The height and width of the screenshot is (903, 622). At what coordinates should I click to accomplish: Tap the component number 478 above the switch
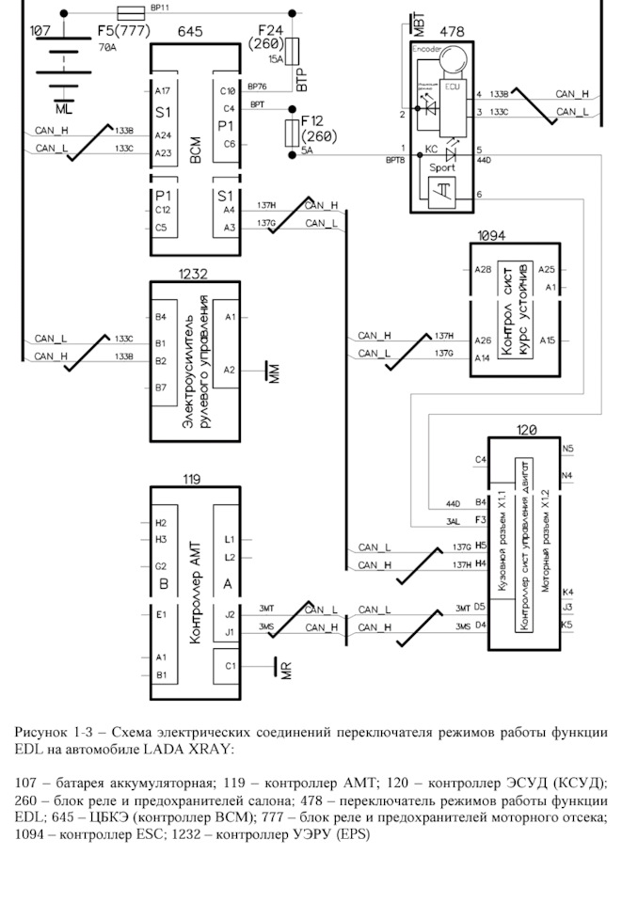point(452,32)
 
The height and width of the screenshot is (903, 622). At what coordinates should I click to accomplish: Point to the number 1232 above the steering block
point(193,274)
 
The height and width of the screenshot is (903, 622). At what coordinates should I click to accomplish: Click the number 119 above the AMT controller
point(192,479)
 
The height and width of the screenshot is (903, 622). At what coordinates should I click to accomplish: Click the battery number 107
point(40,31)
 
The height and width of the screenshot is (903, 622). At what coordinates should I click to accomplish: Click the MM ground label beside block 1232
point(274,372)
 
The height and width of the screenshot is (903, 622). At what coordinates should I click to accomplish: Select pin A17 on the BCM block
point(162,91)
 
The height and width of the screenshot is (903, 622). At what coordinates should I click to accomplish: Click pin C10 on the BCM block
point(227,91)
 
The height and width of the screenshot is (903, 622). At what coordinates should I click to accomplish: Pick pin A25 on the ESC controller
point(547,270)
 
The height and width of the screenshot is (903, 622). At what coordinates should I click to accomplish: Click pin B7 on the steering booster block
point(161,387)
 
